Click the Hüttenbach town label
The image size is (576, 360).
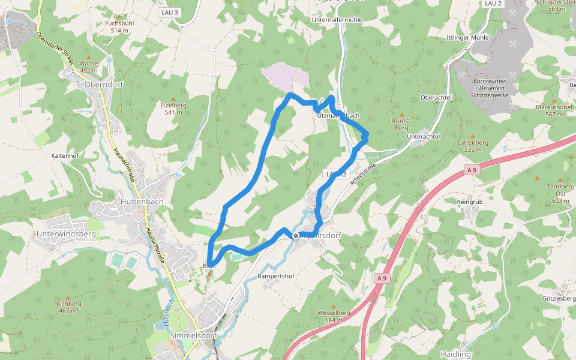tap(142, 202)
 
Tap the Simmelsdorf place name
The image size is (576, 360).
tap(193, 335)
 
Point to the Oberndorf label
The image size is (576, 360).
tap(104, 85)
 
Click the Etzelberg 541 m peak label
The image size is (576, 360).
tap(173, 109)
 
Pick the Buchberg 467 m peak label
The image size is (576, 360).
tap(67, 307)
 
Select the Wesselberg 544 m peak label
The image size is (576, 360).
tap(334, 316)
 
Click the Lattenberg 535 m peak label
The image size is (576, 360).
tap(473, 146)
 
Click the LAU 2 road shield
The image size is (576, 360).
tap(492, 4)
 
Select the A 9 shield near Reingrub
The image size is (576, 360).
tap(472, 170)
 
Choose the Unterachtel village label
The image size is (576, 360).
tap(423, 137)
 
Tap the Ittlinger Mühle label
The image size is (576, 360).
tap(467, 37)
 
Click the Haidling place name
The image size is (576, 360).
tap(455, 354)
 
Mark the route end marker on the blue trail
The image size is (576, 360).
tap(296, 236)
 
